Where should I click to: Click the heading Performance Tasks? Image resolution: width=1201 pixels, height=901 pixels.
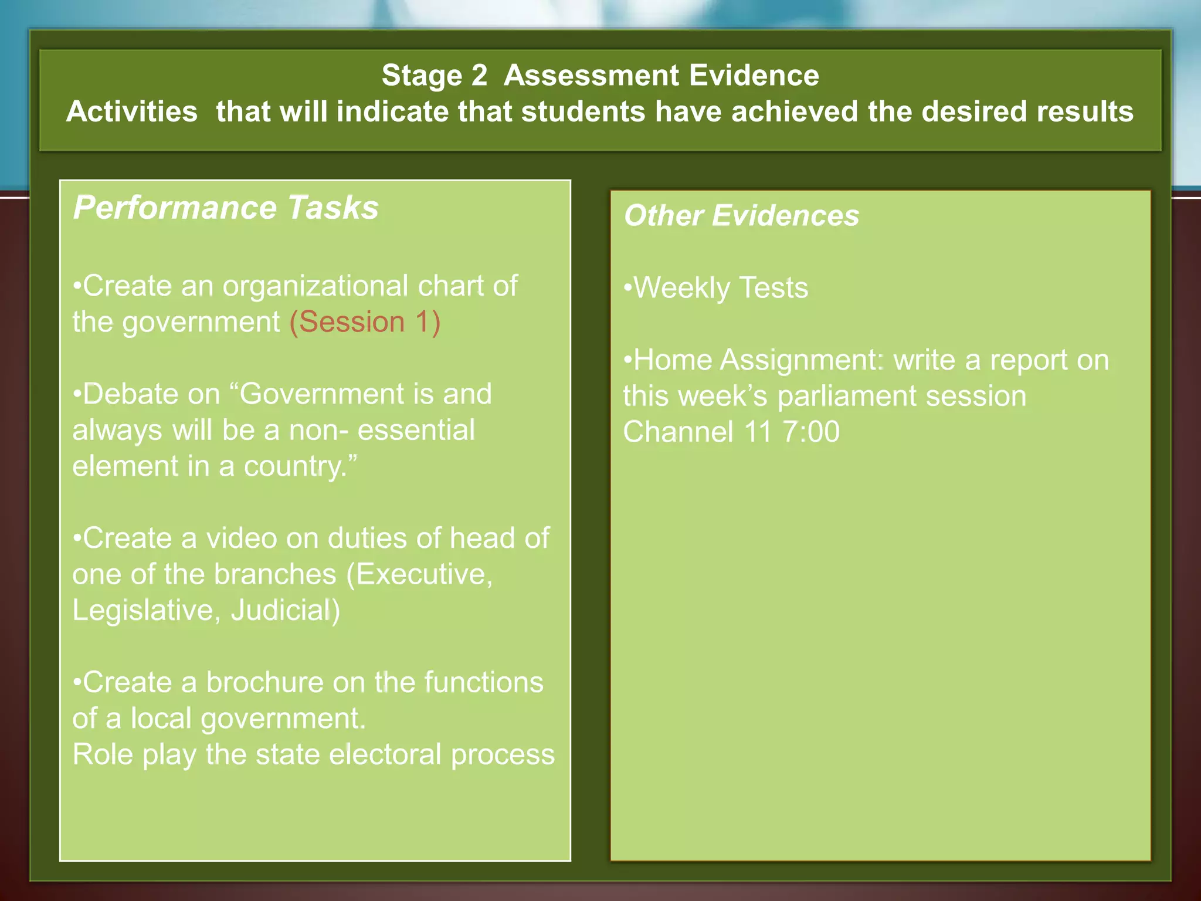(x=226, y=208)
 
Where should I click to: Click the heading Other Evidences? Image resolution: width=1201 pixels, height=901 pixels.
(x=741, y=215)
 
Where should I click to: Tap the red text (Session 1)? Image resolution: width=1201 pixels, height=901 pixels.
(x=365, y=322)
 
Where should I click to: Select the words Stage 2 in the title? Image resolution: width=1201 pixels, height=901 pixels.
(x=434, y=76)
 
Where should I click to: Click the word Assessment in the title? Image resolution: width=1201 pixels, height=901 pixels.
(x=591, y=76)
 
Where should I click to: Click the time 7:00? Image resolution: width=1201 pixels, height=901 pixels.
(x=810, y=432)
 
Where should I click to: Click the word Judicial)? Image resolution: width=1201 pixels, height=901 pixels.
(x=285, y=610)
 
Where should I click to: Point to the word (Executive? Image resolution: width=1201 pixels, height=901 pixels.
(x=419, y=574)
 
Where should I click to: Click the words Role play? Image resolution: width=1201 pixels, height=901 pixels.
(x=134, y=754)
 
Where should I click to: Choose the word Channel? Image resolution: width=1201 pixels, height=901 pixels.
(x=678, y=432)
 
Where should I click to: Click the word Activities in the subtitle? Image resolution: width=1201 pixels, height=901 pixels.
(x=132, y=111)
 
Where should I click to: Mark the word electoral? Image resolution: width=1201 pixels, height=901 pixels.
(x=385, y=754)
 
